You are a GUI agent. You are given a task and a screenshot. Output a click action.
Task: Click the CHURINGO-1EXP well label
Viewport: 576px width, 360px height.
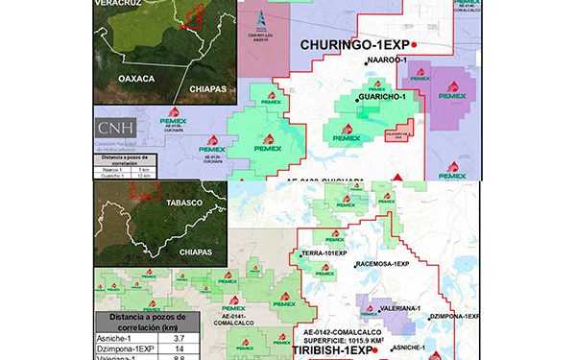(355, 45)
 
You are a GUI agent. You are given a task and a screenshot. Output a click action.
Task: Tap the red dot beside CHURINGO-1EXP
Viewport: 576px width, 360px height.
(415, 45)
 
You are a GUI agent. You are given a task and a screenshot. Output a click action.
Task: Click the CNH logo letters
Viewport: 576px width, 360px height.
(116, 127)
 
